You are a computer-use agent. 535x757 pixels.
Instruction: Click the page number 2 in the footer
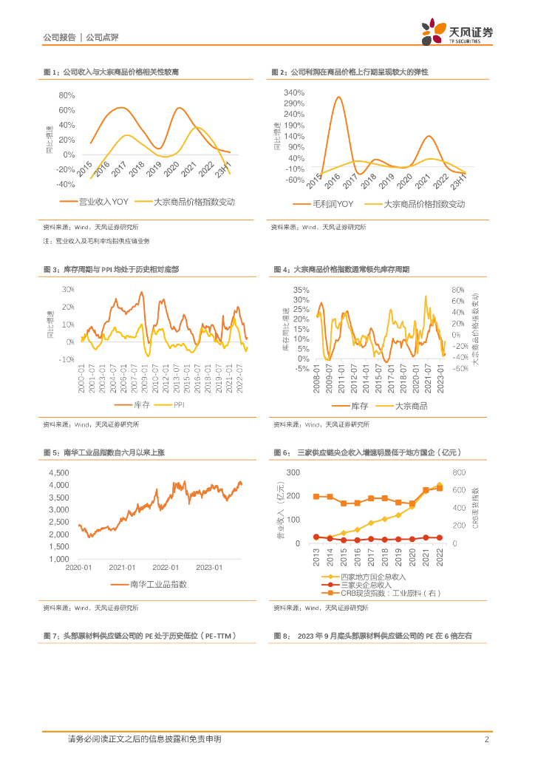tap(486, 739)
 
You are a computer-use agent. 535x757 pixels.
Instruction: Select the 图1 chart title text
tap(111, 72)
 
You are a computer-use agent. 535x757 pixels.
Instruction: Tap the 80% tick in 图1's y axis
tap(67, 96)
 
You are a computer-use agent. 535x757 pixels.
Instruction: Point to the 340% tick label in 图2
tap(294, 92)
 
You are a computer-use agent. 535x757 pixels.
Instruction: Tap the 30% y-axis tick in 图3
tap(69, 289)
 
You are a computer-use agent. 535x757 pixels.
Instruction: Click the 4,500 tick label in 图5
tap(58, 472)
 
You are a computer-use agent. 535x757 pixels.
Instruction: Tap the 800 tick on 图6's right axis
tap(459, 472)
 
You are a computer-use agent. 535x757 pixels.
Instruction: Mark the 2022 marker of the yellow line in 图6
tap(438, 485)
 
